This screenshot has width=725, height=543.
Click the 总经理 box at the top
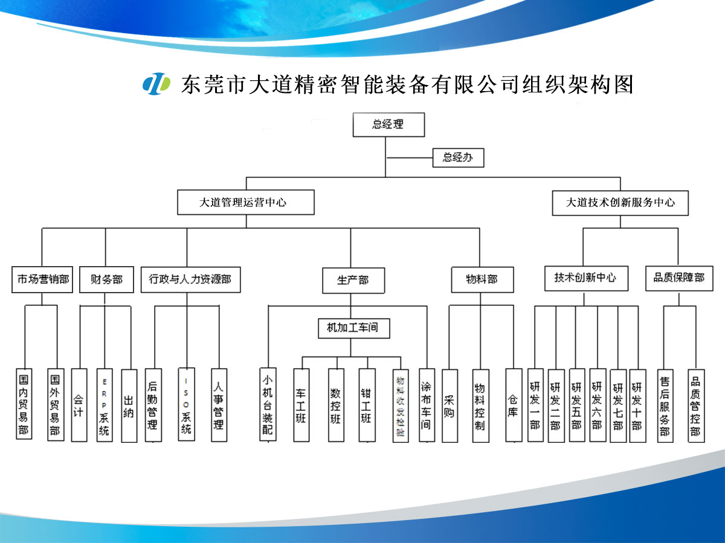click(x=388, y=125)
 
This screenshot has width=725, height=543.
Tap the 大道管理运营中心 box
click(x=245, y=203)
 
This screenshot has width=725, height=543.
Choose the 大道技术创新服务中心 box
click(x=620, y=203)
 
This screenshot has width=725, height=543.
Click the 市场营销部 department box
click(x=42, y=279)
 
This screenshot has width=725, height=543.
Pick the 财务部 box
click(x=106, y=279)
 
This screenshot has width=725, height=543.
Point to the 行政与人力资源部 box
click(x=190, y=279)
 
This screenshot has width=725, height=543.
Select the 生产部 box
click(x=352, y=281)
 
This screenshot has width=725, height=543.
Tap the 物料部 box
click(x=482, y=279)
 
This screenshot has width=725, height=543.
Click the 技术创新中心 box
click(x=585, y=278)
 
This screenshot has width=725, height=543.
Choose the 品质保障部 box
click(x=678, y=278)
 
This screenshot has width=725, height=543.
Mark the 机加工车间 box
click(x=353, y=328)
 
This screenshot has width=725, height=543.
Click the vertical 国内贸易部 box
click(x=24, y=404)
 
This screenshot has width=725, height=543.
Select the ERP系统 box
click(x=105, y=405)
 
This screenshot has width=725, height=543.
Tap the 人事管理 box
click(x=219, y=405)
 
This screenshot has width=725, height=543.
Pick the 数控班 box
click(x=336, y=405)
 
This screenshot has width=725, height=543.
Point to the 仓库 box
click(x=514, y=405)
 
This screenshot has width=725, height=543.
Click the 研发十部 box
click(x=637, y=405)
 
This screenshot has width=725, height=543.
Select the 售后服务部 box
click(x=665, y=405)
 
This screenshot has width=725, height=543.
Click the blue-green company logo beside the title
click(x=156, y=83)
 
